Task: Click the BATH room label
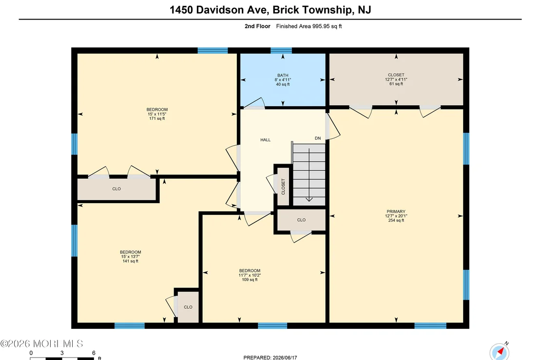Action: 283,76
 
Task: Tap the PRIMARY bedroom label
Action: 396,211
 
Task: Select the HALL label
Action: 265,140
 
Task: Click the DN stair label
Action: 318,138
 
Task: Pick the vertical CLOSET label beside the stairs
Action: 283,187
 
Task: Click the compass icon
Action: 500,352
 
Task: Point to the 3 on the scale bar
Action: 62,353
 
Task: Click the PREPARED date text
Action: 270,358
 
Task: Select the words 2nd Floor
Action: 257,26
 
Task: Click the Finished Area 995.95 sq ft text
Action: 309,26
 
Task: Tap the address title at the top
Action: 270,10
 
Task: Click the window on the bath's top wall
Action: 281,51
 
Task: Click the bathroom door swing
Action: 254,103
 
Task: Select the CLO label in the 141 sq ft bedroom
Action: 188,307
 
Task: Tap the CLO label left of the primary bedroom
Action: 301,220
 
